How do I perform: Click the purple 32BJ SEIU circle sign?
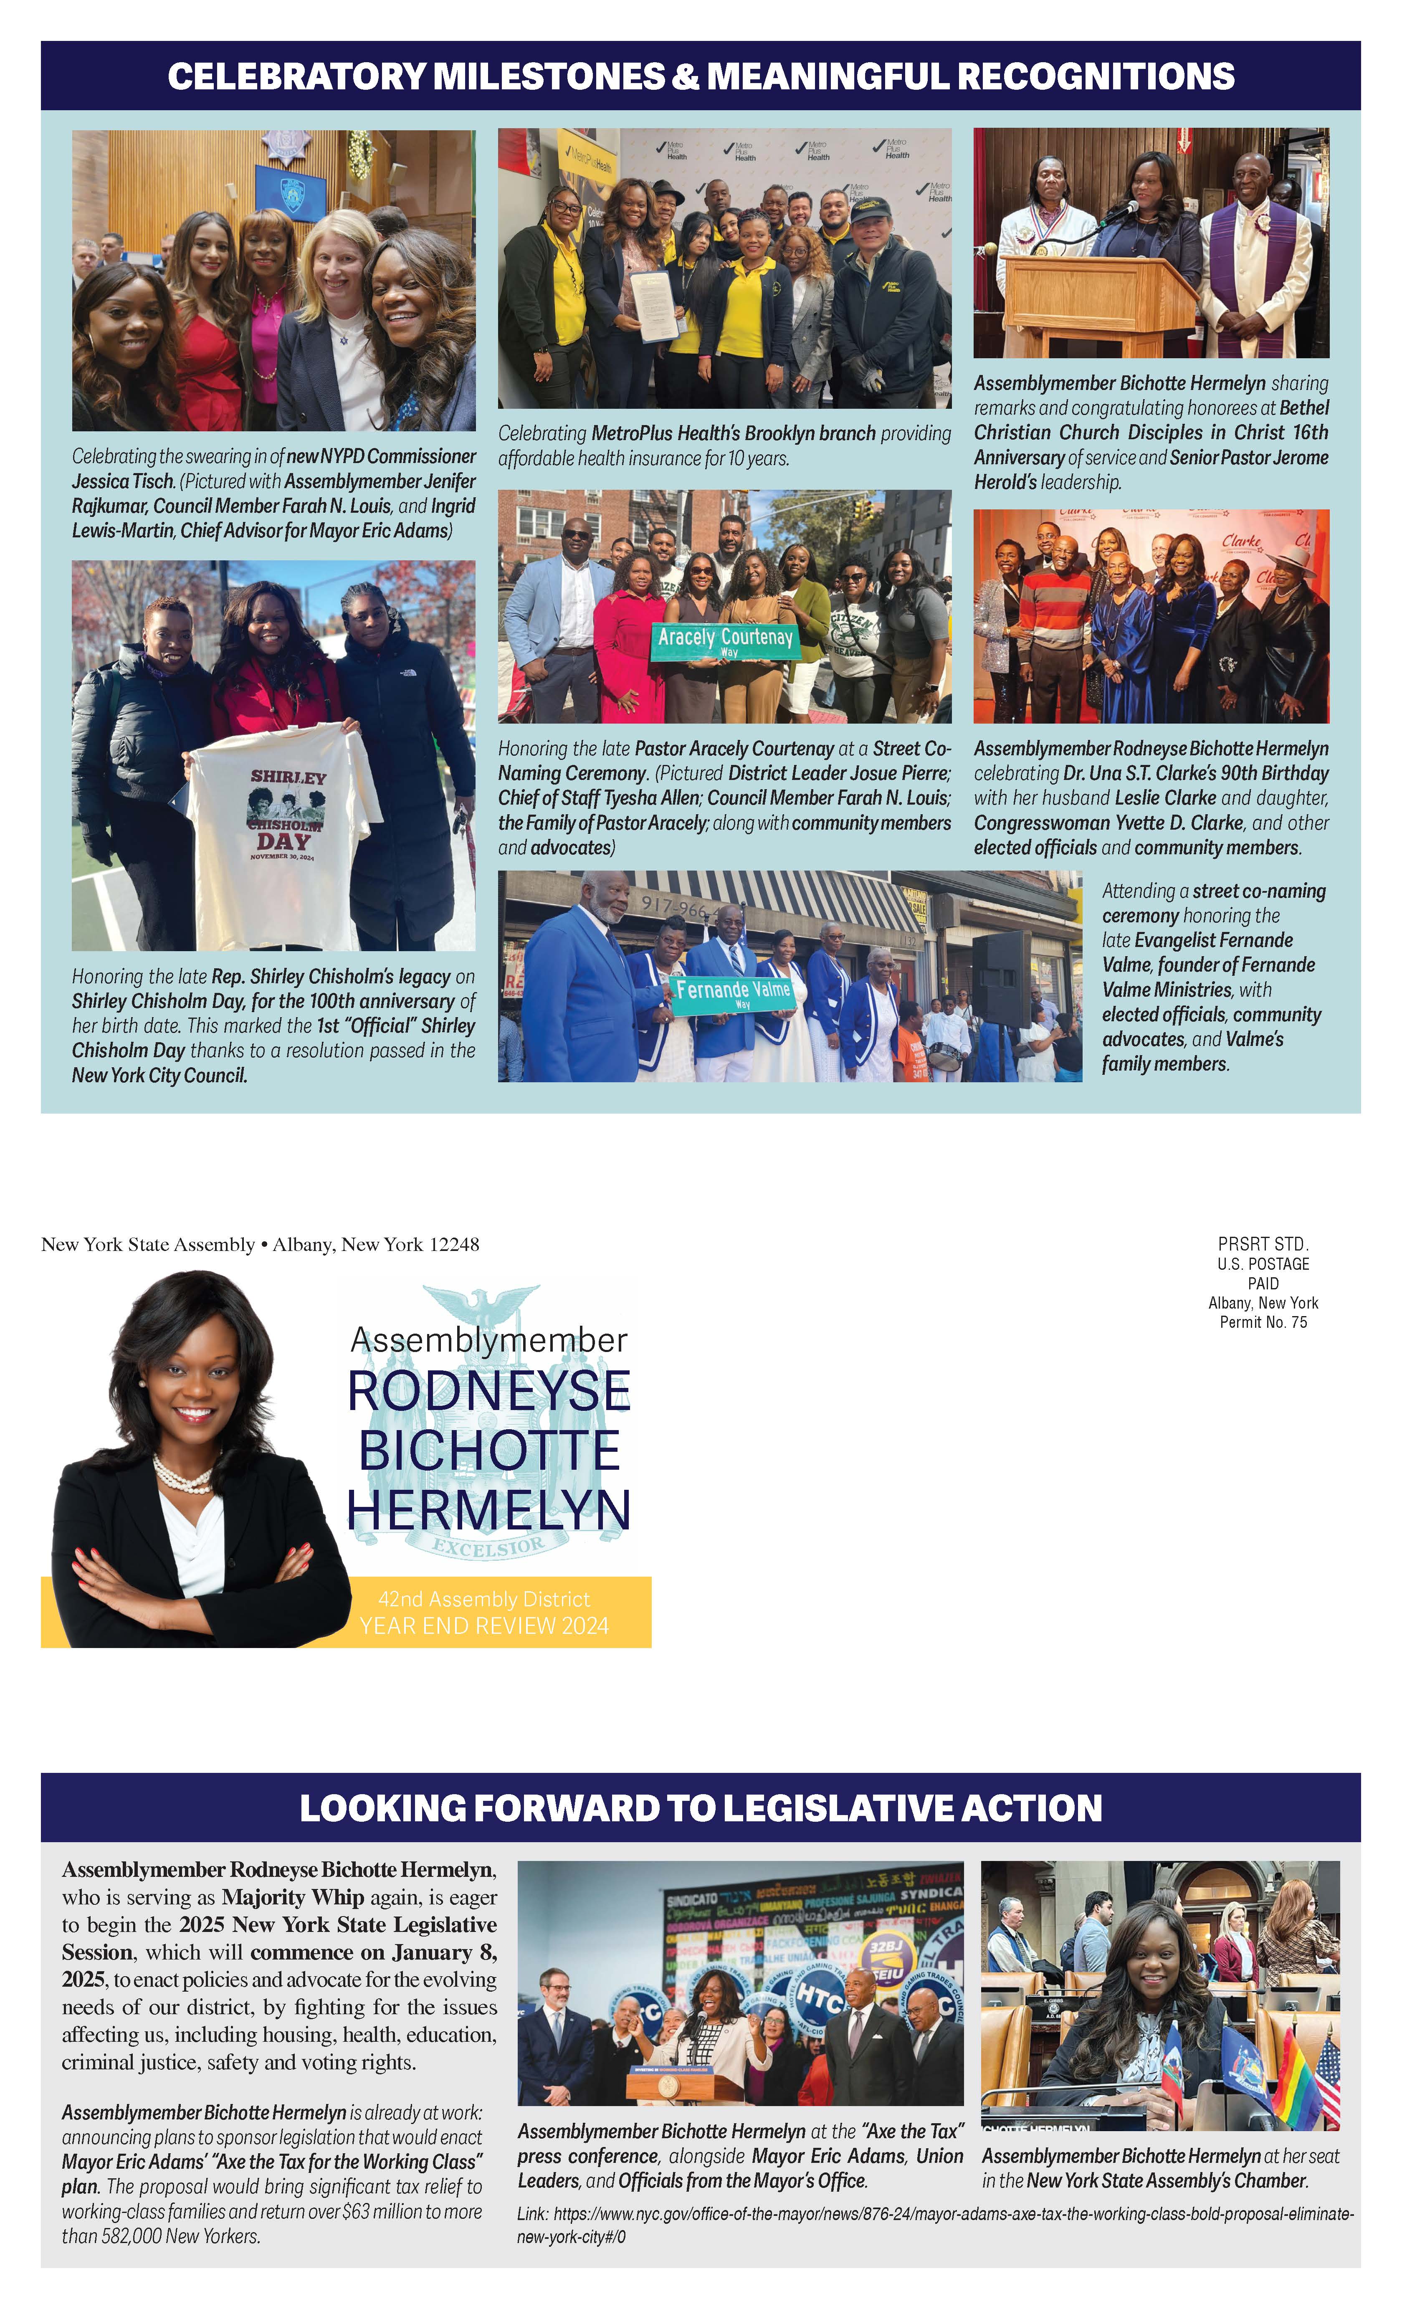886,1957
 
